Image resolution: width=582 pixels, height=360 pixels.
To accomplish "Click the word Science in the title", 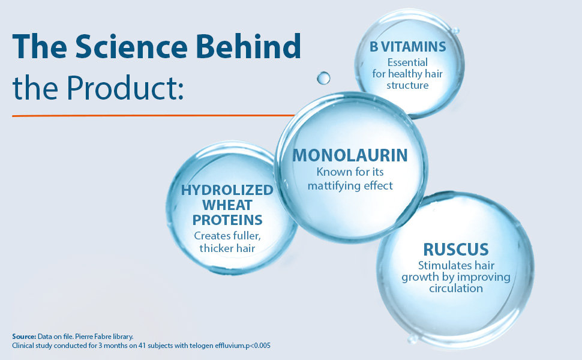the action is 131,46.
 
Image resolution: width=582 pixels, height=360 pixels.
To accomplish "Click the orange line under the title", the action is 153,116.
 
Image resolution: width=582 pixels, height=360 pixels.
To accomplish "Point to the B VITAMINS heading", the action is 407,47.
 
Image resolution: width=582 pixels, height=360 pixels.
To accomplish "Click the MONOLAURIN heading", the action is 350,155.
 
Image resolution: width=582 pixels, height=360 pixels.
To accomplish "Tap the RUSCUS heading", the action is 456,250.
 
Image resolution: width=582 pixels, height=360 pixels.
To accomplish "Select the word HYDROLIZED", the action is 227,190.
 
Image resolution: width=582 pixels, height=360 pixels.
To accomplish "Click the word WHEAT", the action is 227,205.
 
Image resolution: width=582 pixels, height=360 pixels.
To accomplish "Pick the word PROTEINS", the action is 227,220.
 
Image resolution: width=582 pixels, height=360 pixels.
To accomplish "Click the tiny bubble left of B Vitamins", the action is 323,78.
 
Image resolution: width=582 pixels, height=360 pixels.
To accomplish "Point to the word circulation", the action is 456,289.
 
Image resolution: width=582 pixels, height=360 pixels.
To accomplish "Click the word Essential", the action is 407,62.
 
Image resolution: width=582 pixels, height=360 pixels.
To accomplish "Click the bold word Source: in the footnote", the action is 24,337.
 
